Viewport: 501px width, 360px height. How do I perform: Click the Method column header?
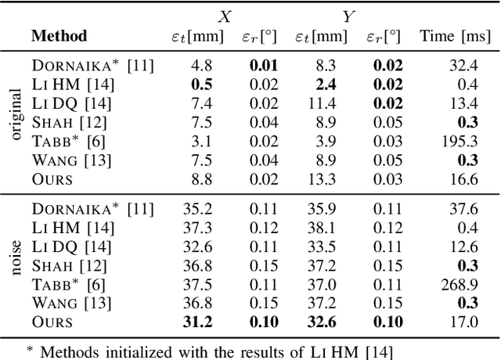pos(59,36)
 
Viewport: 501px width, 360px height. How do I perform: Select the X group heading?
pos(224,15)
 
